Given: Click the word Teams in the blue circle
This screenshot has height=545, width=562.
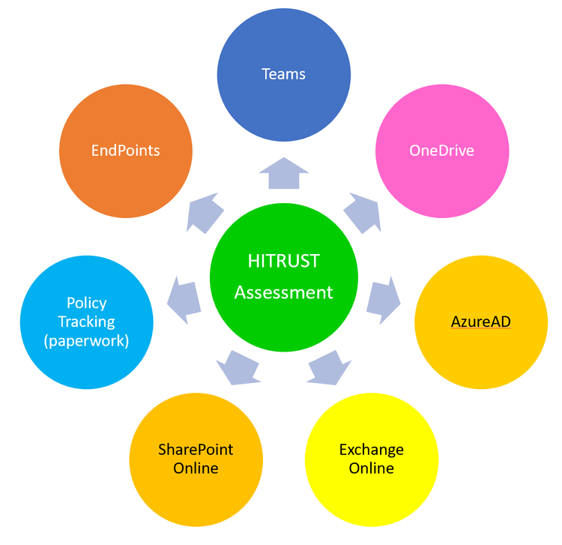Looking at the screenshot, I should (x=283, y=73).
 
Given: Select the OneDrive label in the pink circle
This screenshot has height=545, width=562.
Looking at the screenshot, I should (x=441, y=150).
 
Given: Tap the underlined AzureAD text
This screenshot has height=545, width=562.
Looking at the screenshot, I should (x=480, y=322).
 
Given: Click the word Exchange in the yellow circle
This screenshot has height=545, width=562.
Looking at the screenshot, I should (x=371, y=450).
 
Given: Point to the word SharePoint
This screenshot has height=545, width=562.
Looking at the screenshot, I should (x=196, y=450).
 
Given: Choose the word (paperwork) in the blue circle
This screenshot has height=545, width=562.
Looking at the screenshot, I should (x=86, y=340).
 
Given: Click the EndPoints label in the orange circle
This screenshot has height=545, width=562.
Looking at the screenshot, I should (x=125, y=150).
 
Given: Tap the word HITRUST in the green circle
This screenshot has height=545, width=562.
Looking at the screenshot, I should (x=283, y=261).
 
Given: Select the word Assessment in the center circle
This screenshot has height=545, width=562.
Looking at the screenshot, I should (x=283, y=292).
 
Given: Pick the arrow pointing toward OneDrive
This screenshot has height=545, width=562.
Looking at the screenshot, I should (x=363, y=211).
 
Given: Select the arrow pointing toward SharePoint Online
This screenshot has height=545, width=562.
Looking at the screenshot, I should (x=238, y=367).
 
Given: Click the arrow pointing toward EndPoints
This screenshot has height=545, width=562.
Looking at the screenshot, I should (x=204, y=211).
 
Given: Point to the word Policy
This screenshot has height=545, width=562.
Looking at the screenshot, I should (x=86, y=303).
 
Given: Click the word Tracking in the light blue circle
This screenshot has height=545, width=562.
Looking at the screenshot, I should (x=86, y=322).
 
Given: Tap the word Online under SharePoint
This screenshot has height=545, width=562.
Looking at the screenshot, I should (x=196, y=469).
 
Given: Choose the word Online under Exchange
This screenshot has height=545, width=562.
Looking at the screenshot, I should (x=371, y=469).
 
